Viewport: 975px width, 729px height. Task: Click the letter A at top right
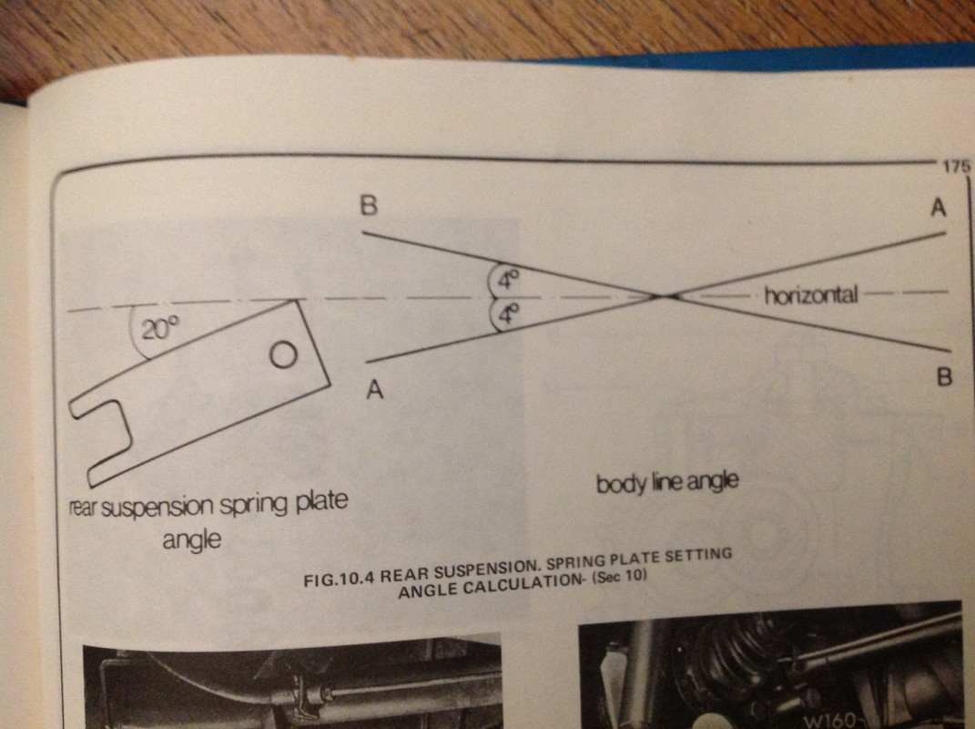pos(939,208)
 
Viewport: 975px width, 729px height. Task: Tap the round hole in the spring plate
pos(283,355)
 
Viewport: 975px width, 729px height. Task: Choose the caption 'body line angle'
pos(666,483)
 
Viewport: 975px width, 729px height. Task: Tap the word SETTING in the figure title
pos(700,556)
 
